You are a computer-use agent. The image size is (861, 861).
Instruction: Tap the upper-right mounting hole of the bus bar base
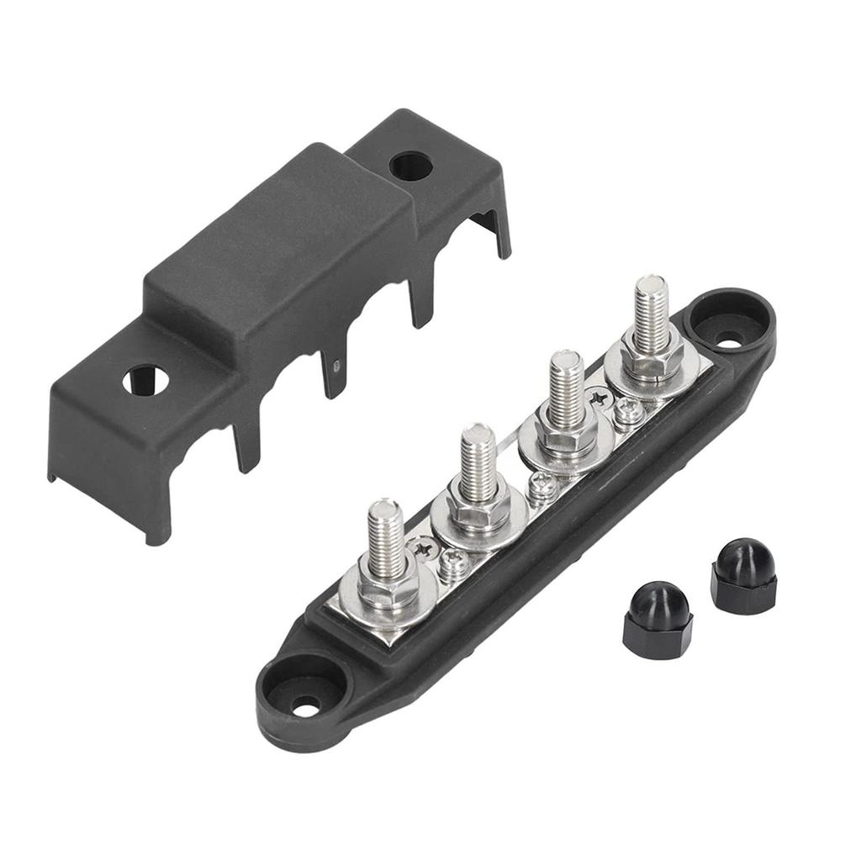(x=730, y=342)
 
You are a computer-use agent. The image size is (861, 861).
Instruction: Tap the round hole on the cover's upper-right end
(x=410, y=166)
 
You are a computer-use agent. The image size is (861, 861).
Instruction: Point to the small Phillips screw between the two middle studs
(x=541, y=486)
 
